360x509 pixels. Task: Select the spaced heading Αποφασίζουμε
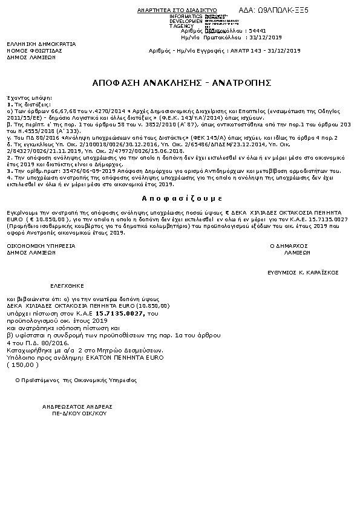click(x=179, y=198)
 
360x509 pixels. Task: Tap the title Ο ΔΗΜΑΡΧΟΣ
click(x=289, y=246)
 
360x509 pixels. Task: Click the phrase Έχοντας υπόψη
click(x=21, y=97)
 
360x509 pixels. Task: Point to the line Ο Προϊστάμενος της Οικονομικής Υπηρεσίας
click(x=76, y=380)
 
